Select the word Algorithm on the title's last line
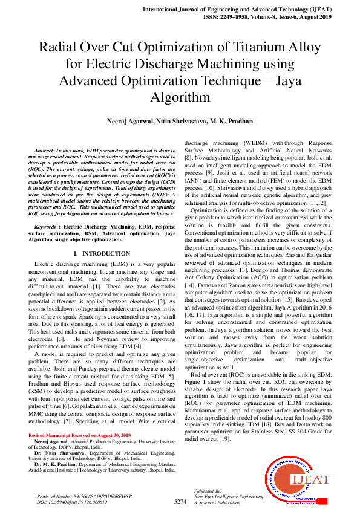180,97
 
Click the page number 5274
180,502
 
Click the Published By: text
209,491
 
